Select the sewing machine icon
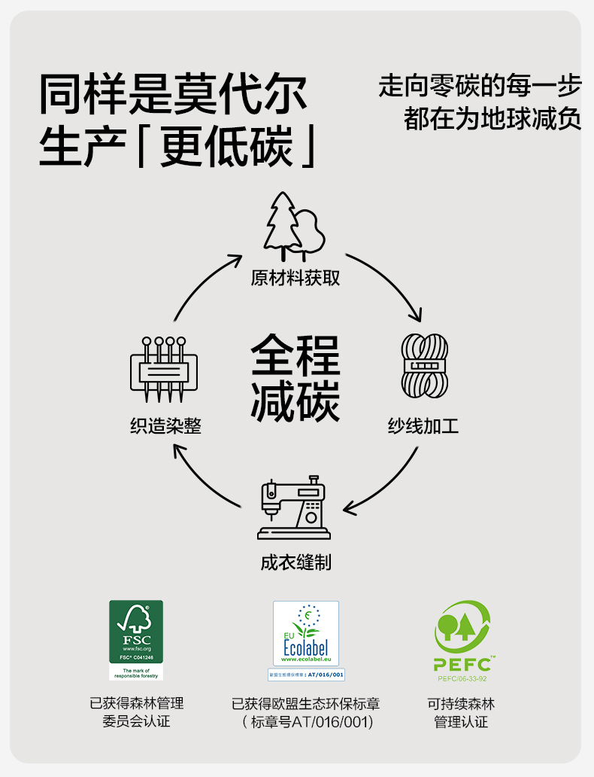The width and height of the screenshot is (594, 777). tap(294, 510)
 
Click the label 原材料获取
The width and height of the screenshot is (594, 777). tap(295, 278)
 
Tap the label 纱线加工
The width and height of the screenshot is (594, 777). tap(423, 426)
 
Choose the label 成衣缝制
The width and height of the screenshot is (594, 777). tap(295, 562)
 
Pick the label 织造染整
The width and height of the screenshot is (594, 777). tap(165, 426)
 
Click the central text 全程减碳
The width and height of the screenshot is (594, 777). tap(295, 378)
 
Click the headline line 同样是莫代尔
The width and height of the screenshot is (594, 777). tap(174, 95)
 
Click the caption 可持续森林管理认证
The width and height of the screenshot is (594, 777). tap(461, 712)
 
